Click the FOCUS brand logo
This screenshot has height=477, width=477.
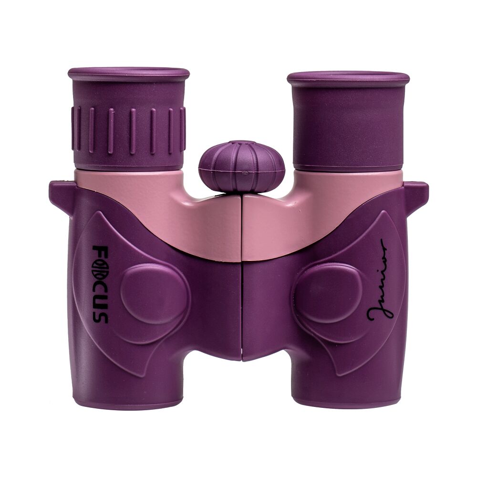pyautogui.click(x=99, y=284)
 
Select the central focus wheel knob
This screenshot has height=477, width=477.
pyautogui.click(x=241, y=166)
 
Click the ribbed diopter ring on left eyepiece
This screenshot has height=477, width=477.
pyautogui.click(x=128, y=130)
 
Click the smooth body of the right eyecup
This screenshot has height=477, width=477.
pyautogui.click(x=348, y=124)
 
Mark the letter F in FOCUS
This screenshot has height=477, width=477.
pyautogui.click(x=99, y=250)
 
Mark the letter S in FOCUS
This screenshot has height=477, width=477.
pyautogui.click(x=99, y=316)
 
